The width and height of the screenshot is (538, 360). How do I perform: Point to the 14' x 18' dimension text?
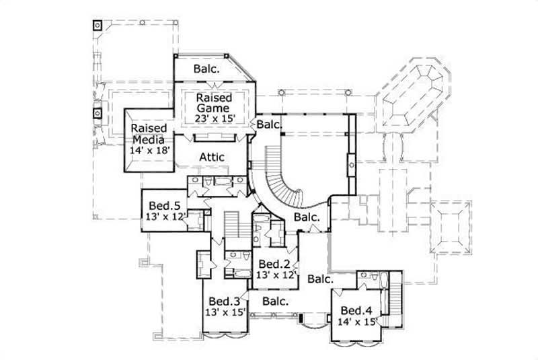pyautogui.click(x=149, y=151)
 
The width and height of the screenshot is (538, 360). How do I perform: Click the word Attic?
pyautogui.click(x=211, y=157)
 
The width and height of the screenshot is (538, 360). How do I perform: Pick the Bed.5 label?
pyautogui.click(x=163, y=205)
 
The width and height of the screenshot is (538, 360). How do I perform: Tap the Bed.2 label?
pyautogui.click(x=274, y=263)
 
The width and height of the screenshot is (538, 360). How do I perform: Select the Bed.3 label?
pyautogui.click(x=224, y=301)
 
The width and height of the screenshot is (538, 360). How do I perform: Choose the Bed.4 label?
pyautogui.click(x=356, y=310)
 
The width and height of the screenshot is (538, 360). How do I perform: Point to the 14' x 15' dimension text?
pyautogui.click(x=356, y=322)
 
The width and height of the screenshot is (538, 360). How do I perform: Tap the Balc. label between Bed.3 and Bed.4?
pyautogui.click(x=275, y=301)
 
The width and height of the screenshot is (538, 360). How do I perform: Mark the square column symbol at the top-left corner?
pyautogui.click(x=98, y=26)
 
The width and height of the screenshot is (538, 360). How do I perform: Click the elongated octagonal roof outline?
pyautogui.click(x=411, y=94)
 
